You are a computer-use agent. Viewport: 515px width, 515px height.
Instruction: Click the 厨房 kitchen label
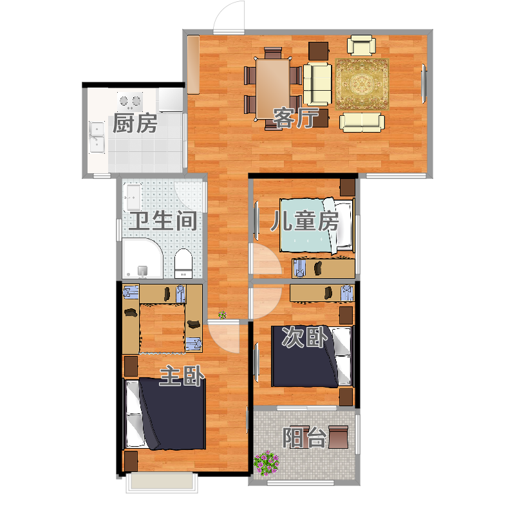[x=135, y=124]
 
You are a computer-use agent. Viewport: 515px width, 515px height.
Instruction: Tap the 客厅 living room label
[x=296, y=118]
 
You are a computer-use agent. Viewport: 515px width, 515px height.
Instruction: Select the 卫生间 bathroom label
[x=164, y=221]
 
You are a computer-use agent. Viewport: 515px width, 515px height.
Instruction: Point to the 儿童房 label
[x=304, y=221]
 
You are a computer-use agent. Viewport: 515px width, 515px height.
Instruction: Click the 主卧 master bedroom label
[x=182, y=376]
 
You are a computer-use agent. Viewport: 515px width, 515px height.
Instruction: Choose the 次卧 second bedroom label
[x=304, y=337]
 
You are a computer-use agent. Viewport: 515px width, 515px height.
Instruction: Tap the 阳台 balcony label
[x=304, y=438]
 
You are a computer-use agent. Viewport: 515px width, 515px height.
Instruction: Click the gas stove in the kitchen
[x=130, y=101]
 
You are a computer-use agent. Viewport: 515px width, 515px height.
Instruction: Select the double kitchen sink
[x=97, y=137]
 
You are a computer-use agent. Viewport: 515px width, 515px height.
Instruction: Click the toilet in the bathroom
[x=183, y=263]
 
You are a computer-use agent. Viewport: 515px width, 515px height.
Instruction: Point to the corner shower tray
[x=142, y=259]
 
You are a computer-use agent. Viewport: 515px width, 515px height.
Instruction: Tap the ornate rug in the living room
[x=362, y=84]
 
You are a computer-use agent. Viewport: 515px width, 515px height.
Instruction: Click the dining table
[x=272, y=89]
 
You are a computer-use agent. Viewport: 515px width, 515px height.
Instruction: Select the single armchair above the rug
[x=362, y=45]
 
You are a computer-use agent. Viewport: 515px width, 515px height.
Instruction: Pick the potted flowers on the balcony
[x=267, y=463]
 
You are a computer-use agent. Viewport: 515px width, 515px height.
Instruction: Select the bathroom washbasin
[x=133, y=198]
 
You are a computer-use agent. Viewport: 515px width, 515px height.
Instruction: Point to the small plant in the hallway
[x=222, y=315]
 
